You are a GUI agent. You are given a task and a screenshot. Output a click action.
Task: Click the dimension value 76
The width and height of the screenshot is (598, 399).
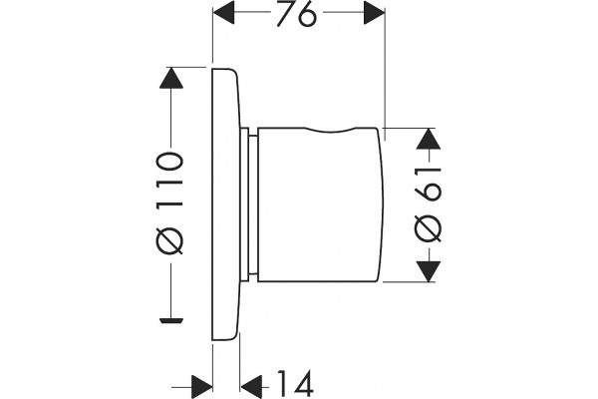click(296, 15)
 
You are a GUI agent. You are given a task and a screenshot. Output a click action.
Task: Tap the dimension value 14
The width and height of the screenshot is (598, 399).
click(295, 383)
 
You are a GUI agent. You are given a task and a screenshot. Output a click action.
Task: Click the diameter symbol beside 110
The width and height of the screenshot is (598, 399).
click(170, 240)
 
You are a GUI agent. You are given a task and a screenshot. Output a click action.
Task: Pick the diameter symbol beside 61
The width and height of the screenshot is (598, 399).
click(428, 229)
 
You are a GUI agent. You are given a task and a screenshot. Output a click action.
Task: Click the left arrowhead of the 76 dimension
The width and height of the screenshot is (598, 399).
click(223, 12)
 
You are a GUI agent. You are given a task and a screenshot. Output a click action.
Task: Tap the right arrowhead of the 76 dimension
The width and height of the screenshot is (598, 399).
click(374, 12)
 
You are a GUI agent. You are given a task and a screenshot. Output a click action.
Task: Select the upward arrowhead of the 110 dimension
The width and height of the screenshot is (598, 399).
click(170, 78)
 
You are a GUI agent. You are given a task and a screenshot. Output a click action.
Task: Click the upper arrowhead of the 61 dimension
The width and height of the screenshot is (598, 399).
click(429, 139)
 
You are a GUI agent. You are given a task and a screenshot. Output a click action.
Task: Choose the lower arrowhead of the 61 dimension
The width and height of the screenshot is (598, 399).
click(429, 271)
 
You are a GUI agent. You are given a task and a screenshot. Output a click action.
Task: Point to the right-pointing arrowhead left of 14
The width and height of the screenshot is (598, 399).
click(201, 387)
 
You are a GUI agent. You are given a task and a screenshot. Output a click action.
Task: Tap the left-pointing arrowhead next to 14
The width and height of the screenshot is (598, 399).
click(252, 387)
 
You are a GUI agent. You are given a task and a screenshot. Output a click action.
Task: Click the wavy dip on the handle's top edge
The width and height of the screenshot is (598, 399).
click(331, 132)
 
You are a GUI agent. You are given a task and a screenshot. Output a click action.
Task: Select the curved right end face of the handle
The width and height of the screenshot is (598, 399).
click(381, 204)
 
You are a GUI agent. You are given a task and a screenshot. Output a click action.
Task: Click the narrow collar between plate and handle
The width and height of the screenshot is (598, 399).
click(248, 204)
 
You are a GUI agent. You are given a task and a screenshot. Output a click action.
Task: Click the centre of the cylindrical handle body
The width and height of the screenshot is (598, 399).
click(320, 205)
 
